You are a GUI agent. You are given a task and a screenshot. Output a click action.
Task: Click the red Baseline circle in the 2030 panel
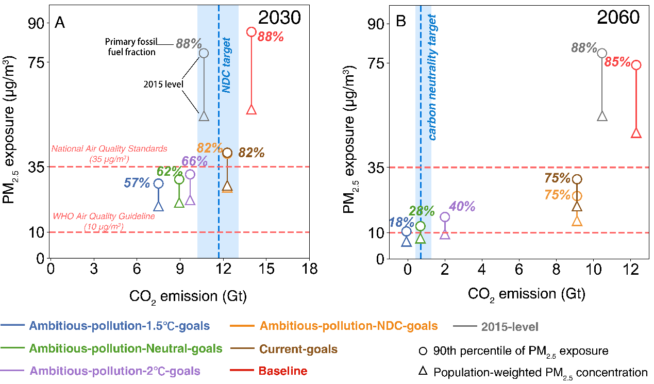coord(251,32)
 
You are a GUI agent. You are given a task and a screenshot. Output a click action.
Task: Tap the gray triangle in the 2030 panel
coord(204,116)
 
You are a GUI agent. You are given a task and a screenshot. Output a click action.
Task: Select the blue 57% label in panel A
coord(137,182)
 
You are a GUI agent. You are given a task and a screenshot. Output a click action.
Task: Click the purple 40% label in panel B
coord(462,206)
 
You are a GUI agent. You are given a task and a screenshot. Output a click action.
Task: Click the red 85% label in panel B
coord(617,62)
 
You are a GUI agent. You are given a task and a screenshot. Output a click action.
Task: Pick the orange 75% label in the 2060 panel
coord(557,195)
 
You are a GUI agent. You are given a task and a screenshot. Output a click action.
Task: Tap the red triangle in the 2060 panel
coord(636,133)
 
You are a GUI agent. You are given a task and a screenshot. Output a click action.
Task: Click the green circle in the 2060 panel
coord(421,226)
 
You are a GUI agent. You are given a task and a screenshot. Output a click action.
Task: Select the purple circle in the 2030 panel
coord(190,174)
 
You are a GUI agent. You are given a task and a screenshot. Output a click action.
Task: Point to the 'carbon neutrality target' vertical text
coord(432,77)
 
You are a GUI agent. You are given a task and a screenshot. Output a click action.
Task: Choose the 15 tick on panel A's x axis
coord(266,269)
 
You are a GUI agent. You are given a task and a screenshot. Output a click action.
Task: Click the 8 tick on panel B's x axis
coord(556,269)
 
